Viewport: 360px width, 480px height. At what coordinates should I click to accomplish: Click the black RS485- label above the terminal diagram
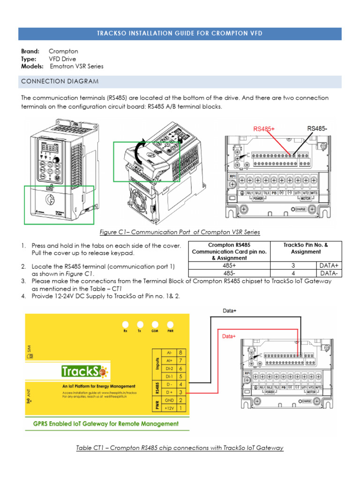click(x=317, y=128)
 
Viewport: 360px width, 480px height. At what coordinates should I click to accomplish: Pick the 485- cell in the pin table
click(x=229, y=273)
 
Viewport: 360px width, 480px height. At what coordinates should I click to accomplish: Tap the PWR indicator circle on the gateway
click(x=170, y=324)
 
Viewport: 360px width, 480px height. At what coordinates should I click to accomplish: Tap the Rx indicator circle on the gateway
click(x=125, y=324)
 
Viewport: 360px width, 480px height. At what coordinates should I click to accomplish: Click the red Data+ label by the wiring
click(x=228, y=336)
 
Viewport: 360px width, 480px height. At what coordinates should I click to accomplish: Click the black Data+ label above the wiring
click(x=229, y=310)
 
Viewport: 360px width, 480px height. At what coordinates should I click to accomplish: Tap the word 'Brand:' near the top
click(x=30, y=51)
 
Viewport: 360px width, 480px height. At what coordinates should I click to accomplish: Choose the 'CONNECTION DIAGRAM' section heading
click(x=60, y=82)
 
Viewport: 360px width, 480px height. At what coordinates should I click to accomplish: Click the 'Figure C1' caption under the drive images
click(x=180, y=232)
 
